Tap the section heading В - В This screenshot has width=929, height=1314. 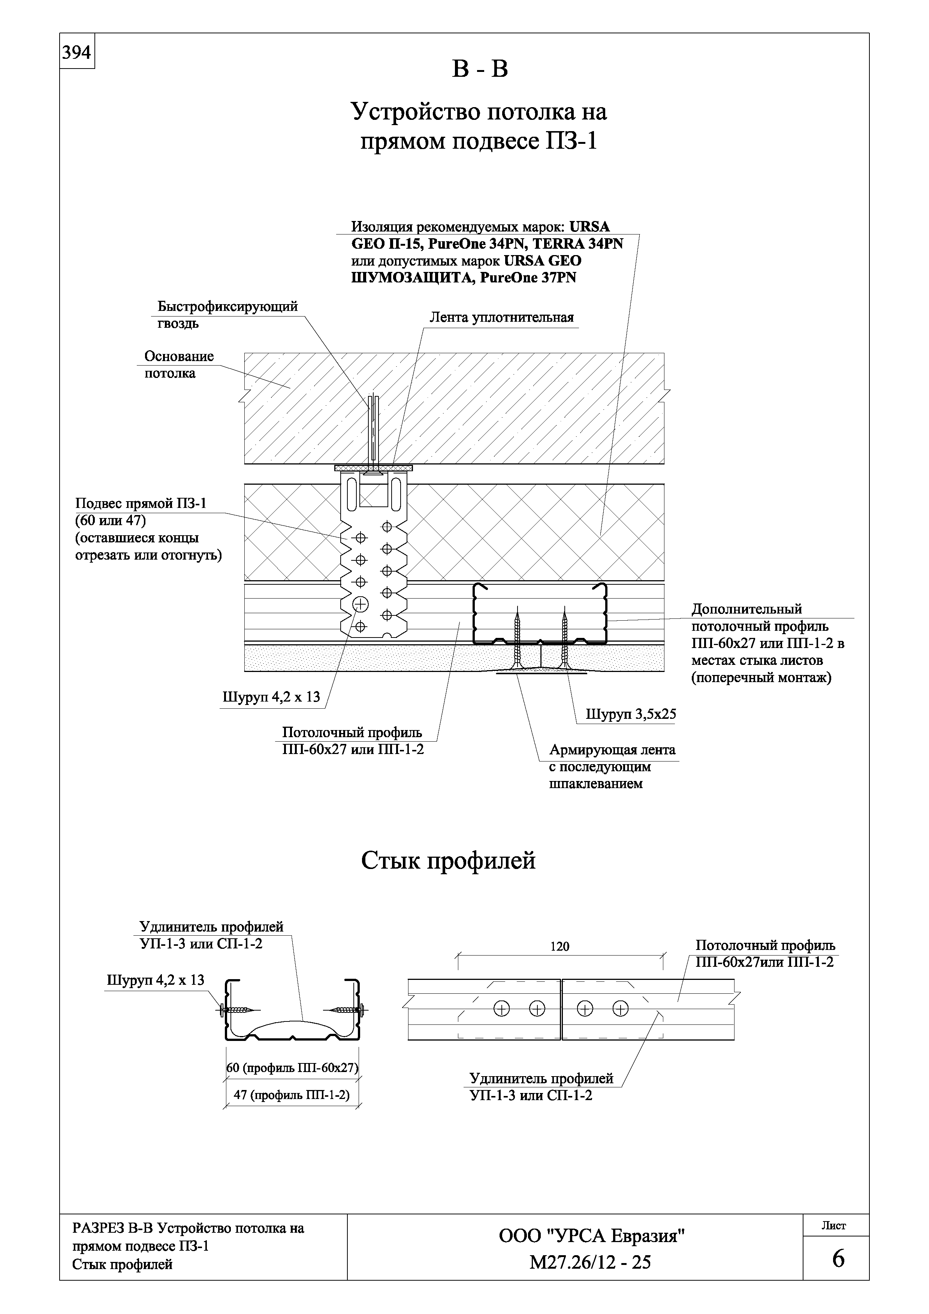coord(480,70)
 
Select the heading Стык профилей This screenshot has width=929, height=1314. coord(448,861)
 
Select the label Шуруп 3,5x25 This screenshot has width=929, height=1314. coord(631,714)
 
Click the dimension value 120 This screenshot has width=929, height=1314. coord(560,947)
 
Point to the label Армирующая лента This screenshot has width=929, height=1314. coord(612,750)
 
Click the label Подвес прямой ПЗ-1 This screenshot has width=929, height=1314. coord(141,504)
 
